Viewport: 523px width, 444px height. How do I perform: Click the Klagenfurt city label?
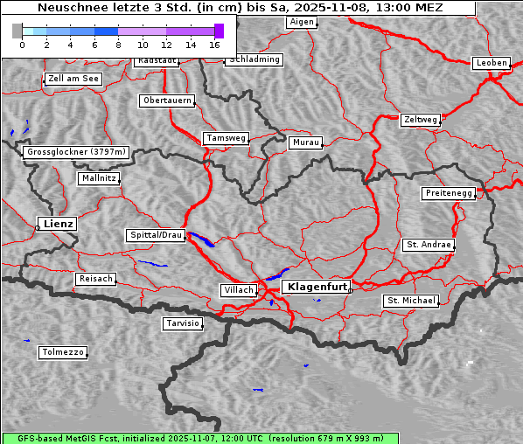pyautogui.click(x=317, y=287)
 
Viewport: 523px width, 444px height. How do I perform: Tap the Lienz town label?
pyautogui.click(x=57, y=225)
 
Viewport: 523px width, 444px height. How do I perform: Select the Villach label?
pyautogui.click(x=238, y=290)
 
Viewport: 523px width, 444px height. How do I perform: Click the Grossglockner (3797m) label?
pyautogui.click(x=77, y=152)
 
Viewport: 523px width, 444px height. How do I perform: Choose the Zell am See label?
pyautogui.click(x=73, y=79)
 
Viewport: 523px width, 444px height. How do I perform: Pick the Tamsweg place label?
pyautogui.click(x=227, y=138)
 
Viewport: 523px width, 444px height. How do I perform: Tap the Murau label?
pyautogui.click(x=306, y=142)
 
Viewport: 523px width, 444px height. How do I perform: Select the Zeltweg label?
pyautogui.click(x=421, y=119)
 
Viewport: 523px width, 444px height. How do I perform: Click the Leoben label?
pyautogui.click(x=491, y=63)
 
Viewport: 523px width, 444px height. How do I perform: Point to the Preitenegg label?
pyautogui.click(x=450, y=193)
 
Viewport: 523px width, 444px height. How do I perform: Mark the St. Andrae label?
pyautogui.click(x=429, y=245)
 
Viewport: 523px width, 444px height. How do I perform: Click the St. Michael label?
pyautogui.click(x=411, y=301)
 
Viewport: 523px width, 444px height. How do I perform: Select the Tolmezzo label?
pyautogui.click(x=63, y=353)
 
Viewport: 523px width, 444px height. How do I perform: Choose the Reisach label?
pyautogui.click(x=96, y=279)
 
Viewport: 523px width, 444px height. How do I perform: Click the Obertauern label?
pyautogui.click(x=167, y=101)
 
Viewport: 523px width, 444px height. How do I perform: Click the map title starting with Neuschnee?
pyautogui.click(x=240, y=8)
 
